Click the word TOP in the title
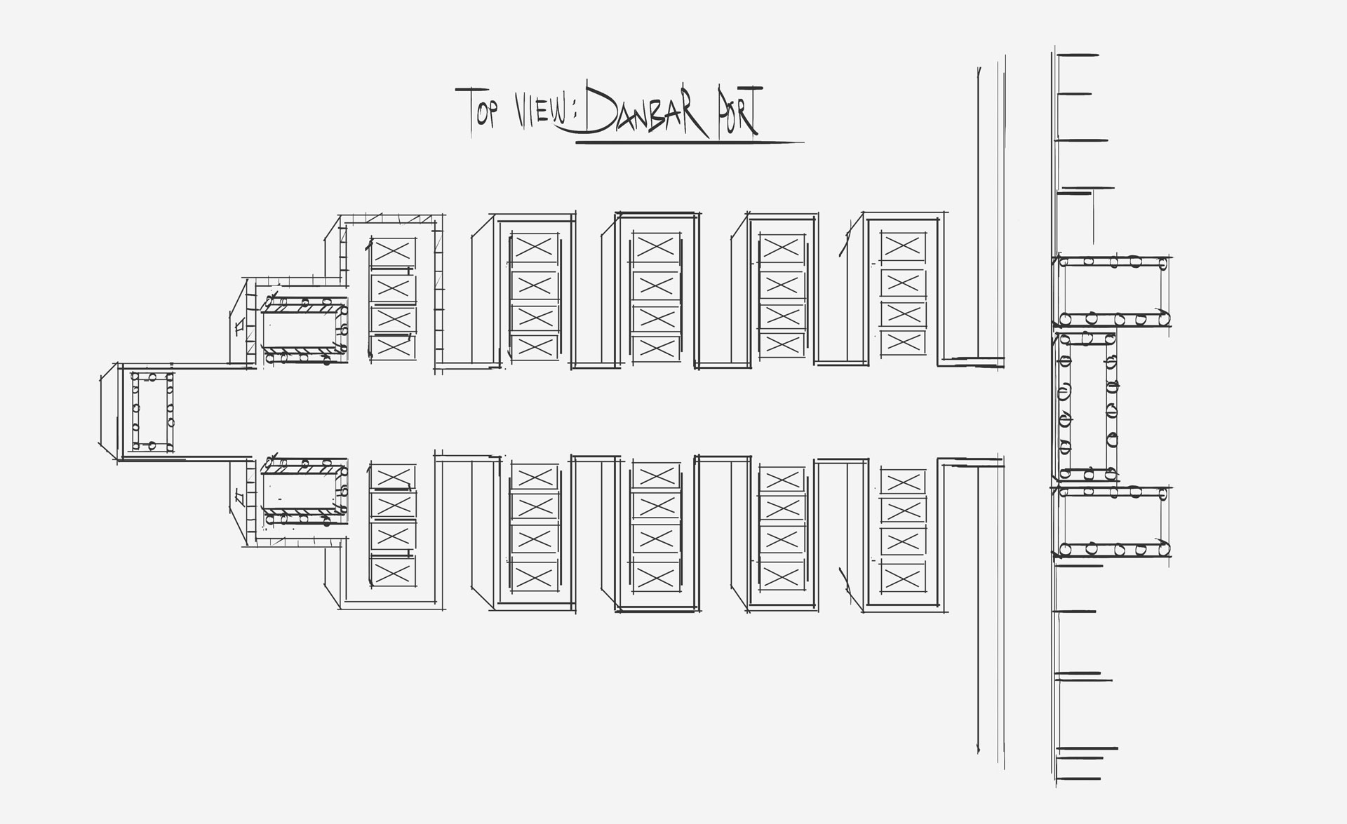478,109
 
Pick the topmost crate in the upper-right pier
902,245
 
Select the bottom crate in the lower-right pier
902,579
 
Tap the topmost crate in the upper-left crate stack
393,250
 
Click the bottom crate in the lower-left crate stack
393,574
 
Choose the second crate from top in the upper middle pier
657,285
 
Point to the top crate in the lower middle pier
657,476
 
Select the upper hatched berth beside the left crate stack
305,329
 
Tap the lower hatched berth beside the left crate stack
305,492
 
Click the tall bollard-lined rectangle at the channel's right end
1087,405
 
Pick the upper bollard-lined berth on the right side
1114,291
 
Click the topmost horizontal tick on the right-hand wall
1077,55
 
